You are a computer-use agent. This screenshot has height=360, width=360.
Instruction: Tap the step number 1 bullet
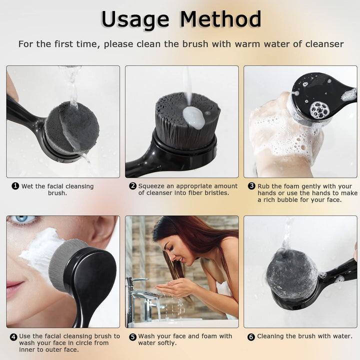[15, 186]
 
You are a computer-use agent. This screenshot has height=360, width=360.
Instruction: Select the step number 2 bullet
[133, 186]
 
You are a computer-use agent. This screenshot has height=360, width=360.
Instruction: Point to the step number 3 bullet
[251, 186]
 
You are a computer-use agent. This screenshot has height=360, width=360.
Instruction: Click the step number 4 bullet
[13, 336]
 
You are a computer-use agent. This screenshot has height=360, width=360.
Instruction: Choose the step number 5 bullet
[132, 336]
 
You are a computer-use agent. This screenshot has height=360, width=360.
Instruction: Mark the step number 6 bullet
[251, 336]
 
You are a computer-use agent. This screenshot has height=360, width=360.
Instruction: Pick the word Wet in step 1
[27, 186]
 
